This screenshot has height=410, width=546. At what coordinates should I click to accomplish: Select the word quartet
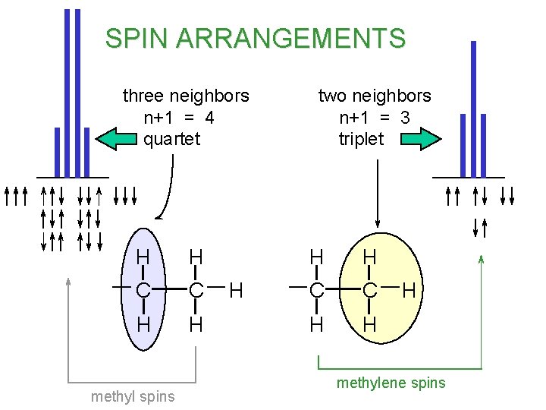[x=171, y=139]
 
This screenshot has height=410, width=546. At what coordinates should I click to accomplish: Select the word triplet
[x=362, y=139]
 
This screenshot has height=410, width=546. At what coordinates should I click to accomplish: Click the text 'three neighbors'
[x=186, y=96]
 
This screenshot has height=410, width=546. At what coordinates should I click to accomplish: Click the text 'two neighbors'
[x=375, y=96]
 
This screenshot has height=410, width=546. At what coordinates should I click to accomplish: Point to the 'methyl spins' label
[x=133, y=396]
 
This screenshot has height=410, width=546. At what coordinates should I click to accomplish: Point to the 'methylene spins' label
[x=391, y=383]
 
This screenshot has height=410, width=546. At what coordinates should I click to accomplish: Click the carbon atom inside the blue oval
[x=142, y=289]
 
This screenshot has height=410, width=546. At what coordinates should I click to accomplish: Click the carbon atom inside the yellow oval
[x=370, y=289]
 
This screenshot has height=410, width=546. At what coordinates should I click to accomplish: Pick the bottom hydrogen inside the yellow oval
[x=370, y=325]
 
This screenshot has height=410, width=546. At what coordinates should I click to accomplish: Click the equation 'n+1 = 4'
[x=179, y=118]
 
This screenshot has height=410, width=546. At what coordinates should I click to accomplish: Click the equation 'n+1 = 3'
[x=375, y=118]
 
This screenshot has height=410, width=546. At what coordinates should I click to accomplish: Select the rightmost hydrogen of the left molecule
[x=236, y=289]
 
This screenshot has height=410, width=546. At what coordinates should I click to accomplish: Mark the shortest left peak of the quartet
[x=57, y=151]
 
